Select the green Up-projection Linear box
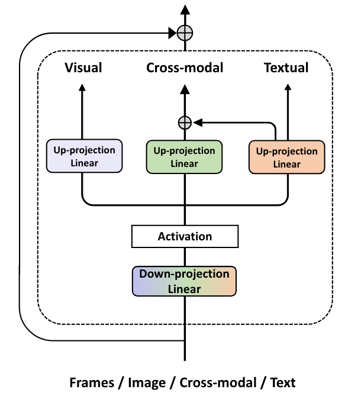184,157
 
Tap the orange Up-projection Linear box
287,157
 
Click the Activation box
185,237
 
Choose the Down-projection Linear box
184,281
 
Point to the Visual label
83,68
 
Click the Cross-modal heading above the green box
185,68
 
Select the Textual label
287,68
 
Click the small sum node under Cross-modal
185,123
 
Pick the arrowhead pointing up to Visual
82,88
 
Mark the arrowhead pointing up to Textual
288,88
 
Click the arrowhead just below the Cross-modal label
185,89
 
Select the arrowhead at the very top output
185,8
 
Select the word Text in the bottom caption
283,382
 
